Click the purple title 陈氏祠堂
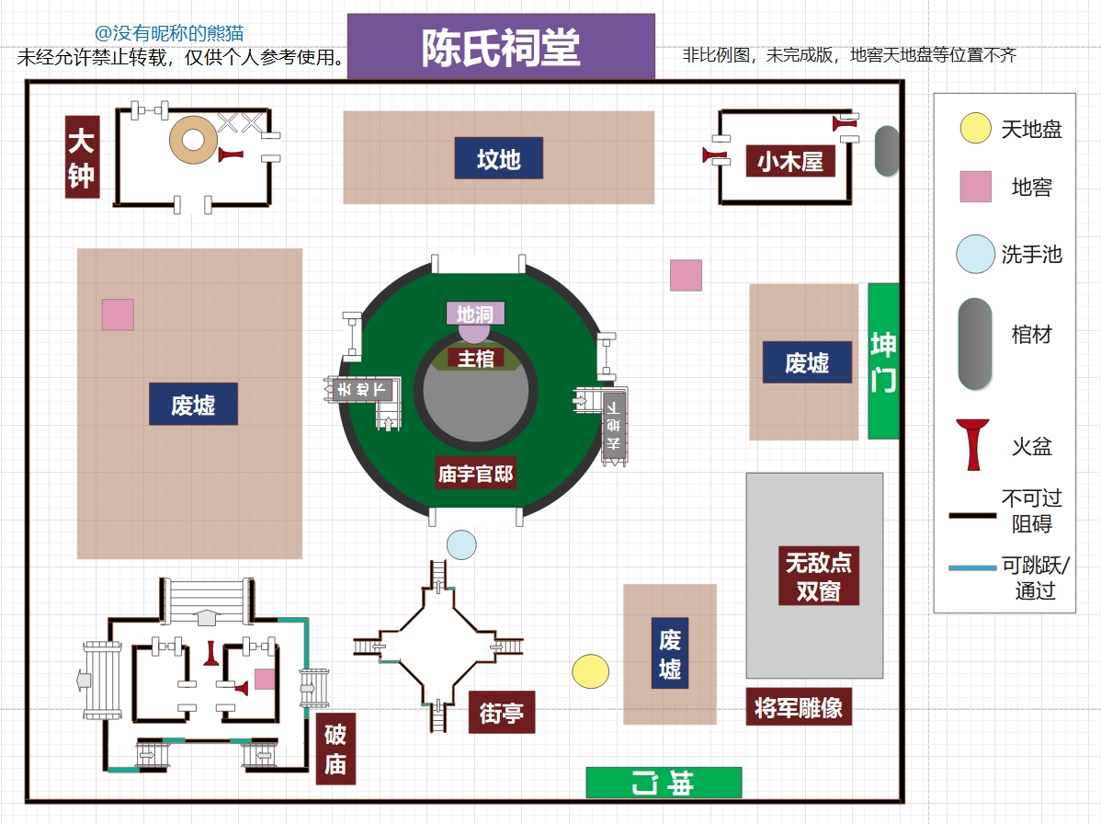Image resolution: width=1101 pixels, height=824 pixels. pos(501,47)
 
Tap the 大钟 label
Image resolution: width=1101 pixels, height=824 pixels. pos(81,156)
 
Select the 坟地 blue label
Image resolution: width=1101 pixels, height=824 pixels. pos(499,159)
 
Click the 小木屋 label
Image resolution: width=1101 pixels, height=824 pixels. pos(790,162)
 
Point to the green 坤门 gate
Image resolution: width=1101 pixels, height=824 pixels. pos(883,361)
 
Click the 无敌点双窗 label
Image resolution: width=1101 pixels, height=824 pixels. pos(818,576)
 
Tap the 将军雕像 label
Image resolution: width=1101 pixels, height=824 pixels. pos(799,707)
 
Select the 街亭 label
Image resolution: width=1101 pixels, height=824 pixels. pos(501,712)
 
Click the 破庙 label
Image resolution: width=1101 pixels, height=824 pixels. pos(335,749)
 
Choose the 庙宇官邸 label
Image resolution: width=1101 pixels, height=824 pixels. pos(475,475)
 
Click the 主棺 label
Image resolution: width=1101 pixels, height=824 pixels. pos(476,358)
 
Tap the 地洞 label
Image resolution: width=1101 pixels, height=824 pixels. pos(475,315)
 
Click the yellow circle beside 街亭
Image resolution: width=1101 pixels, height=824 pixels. pos(590,671)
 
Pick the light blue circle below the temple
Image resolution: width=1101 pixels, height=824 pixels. pos(461,544)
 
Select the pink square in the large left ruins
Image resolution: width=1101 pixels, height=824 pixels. pos(118,315)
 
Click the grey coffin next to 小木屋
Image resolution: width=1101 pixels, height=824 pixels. pos(886,152)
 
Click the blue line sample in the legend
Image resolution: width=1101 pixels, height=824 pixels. pos(972,568)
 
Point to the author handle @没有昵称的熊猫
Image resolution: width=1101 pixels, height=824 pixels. pos(169,34)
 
